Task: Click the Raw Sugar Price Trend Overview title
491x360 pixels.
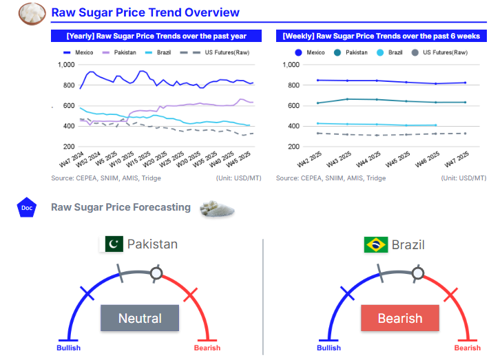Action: point(145,12)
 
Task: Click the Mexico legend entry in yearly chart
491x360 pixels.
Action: point(79,52)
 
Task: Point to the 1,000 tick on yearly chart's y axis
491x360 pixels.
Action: point(65,65)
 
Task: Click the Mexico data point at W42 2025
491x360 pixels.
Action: point(317,81)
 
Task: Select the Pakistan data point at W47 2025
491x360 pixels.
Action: point(466,103)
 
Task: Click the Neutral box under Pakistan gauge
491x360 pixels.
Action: point(140,318)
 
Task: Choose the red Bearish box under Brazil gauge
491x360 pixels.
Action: point(400,318)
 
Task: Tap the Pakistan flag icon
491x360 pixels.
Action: point(114,244)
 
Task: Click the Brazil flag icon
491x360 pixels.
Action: point(375,244)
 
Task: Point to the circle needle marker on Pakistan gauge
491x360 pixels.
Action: point(156,273)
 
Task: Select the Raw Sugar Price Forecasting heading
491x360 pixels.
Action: point(121,207)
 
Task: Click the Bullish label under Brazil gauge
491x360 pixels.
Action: point(328,348)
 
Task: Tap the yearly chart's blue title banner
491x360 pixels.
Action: point(156,36)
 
